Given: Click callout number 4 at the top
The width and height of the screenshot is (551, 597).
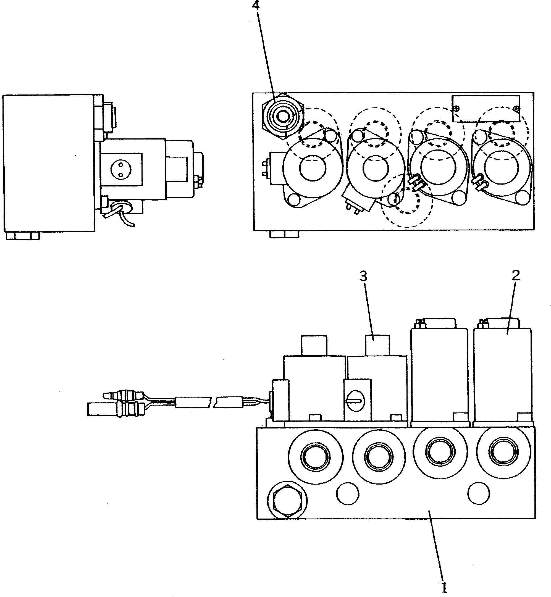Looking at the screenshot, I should (x=256, y=5).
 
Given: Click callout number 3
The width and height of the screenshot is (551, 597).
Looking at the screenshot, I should (x=363, y=277).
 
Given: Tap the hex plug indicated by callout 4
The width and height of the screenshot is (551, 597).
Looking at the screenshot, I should (x=282, y=116).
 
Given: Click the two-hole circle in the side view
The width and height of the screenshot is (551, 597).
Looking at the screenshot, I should (x=120, y=170).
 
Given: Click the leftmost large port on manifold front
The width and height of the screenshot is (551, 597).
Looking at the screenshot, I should (x=316, y=457).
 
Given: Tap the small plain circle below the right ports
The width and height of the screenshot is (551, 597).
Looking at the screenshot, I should (x=479, y=493).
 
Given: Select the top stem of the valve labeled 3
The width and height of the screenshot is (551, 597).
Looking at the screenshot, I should (x=377, y=345).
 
